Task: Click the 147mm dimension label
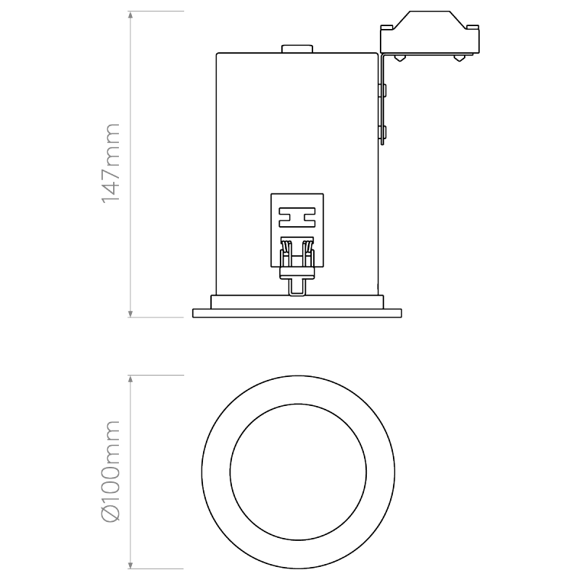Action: [x=110, y=163]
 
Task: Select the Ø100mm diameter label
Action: [x=110, y=471]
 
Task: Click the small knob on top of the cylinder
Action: [x=297, y=49]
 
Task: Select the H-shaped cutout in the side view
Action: [x=297, y=216]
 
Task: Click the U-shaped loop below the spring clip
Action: [x=297, y=287]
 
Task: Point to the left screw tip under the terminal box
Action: [x=398, y=59]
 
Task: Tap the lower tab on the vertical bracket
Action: [x=384, y=132]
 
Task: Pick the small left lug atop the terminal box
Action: [x=386, y=28]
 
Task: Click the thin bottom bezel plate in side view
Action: [x=297, y=313]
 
